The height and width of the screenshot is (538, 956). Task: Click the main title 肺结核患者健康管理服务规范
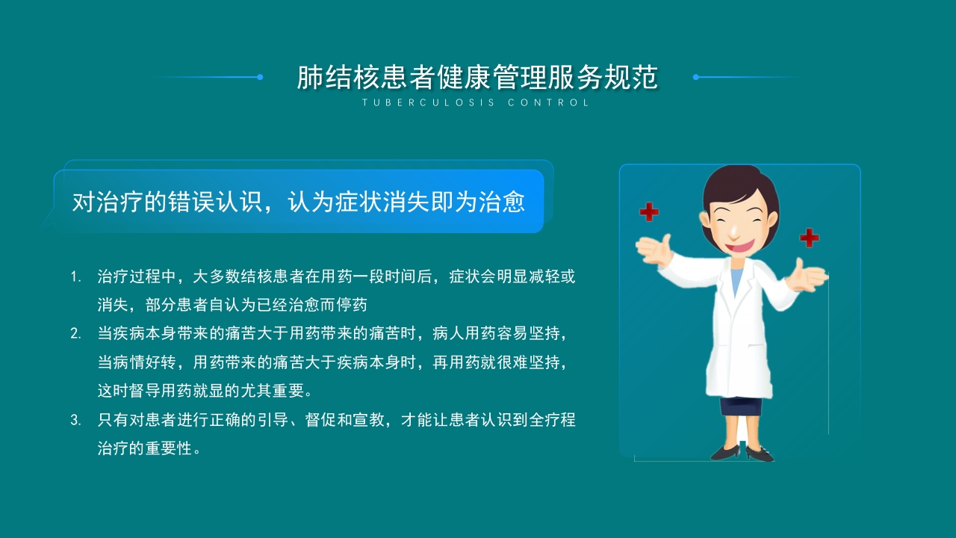click(477, 78)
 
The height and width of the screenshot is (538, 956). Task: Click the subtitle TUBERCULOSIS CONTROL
click(477, 103)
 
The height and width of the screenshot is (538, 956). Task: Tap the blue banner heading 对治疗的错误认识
click(299, 202)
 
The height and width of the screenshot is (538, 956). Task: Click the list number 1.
click(75, 277)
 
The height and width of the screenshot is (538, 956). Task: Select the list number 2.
click(75, 333)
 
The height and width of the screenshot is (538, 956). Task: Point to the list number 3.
click(75, 420)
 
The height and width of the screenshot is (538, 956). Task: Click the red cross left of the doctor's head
click(649, 212)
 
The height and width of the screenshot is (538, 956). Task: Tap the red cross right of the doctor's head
click(809, 238)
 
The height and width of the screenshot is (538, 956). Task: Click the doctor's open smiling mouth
click(737, 244)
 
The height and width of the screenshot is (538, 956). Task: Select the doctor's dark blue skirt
click(741, 406)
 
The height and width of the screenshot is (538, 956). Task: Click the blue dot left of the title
click(260, 77)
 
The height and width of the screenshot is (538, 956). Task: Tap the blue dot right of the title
click(695, 77)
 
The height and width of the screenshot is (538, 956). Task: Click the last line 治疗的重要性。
click(149, 449)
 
